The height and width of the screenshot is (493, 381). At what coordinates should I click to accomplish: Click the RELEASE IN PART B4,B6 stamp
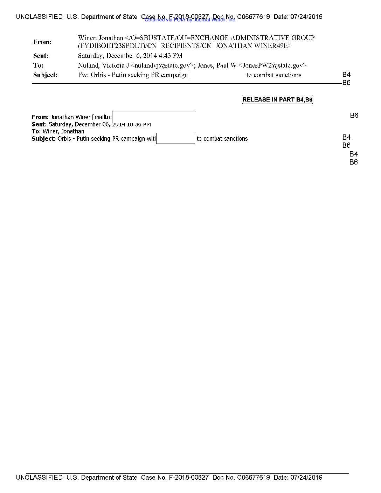(x=277, y=100)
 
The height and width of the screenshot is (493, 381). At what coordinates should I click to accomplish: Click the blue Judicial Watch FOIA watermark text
(x=190, y=20)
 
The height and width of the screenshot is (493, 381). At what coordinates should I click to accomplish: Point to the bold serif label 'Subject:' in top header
(x=45, y=75)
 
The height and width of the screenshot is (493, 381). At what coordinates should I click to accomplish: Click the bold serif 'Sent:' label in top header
(x=41, y=56)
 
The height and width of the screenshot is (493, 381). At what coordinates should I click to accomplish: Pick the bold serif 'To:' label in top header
(x=38, y=65)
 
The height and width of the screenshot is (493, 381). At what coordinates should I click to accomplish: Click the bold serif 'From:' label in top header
(x=42, y=42)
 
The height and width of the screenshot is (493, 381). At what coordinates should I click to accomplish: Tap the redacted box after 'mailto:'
(x=154, y=116)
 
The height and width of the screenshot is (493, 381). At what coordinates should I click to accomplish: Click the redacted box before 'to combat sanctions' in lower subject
(x=175, y=138)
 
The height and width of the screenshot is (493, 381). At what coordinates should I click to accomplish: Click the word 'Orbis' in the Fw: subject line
(x=98, y=75)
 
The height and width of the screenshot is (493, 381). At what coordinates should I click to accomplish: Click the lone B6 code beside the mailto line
(x=354, y=116)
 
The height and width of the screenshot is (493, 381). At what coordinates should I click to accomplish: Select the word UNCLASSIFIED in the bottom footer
(x=39, y=477)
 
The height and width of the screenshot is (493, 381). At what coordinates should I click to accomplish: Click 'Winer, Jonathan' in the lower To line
(x=63, y=132)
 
